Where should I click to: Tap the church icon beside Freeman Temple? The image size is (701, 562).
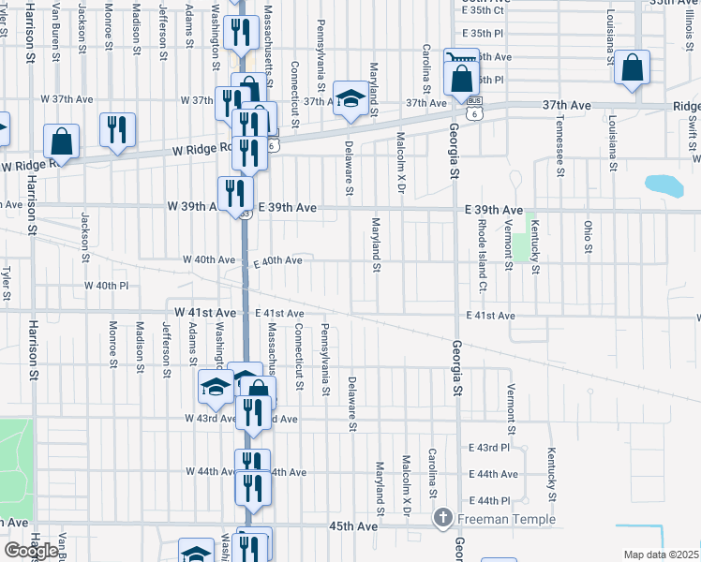pyautogui.click(x=444, y=518)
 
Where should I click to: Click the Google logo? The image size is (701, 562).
pyautogui.click(x=31, y=550)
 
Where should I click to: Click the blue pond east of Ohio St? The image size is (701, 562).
pyautogui.click(x=664, y=185)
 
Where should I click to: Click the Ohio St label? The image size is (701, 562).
pyautogui.click(x=589, y=237)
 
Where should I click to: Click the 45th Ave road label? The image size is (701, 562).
pyautogui.click(x=353, y=526)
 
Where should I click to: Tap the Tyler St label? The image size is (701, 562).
pyautogui.click(x=7, y=279)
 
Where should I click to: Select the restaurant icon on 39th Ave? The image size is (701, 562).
pyautogui.click(x=235, y=194)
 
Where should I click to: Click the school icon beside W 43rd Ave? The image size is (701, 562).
pyautogui.click(x=216, y=387)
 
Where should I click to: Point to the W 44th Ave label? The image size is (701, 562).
pyautogui.click(x=210, y=471)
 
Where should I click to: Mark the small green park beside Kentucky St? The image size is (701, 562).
pyautogui.click(x=521, y=247)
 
